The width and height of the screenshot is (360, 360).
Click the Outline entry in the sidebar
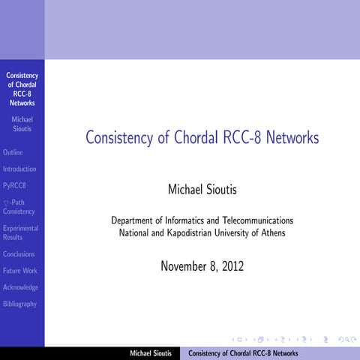pos(13,152)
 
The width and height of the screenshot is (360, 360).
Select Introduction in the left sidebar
pos(19,169)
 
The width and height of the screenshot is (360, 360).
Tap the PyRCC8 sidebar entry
pos(15,185)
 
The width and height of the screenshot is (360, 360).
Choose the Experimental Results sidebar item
pos(20,232)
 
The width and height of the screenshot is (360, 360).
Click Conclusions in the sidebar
pos(19,254)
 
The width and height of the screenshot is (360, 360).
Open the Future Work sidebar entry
pos(20,271)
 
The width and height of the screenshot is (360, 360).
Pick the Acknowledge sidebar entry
pos(20,287)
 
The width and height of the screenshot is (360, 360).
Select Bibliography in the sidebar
pos(19,304)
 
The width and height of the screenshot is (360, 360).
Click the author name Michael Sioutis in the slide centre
pos(202,190)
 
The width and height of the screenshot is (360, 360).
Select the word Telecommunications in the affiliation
pos(254,220)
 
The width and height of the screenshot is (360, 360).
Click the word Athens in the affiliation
pos(272,232)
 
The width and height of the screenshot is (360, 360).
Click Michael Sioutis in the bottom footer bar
pos(151,353)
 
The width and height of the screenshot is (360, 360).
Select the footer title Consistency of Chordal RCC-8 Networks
pos(243,353)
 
